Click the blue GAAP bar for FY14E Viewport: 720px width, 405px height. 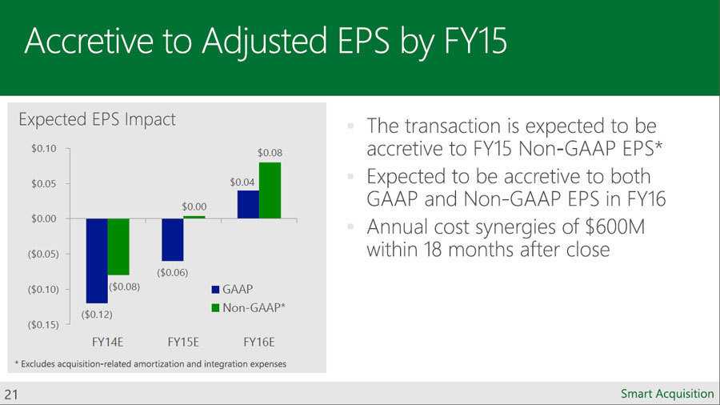(x=97, y=261)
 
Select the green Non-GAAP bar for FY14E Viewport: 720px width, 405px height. (x=118, y=247)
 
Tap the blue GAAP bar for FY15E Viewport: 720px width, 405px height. (x=173, y=239)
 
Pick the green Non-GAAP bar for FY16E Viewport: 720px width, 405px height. (x=270, y=190)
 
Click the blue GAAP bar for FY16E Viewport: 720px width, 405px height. (x=249, y=204)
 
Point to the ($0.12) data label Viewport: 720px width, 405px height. (x=97, y=315)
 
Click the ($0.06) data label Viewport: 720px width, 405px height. (x=173, y=272)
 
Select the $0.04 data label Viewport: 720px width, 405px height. (x=242, y=182)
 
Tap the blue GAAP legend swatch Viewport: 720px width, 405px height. (x=215, y=289)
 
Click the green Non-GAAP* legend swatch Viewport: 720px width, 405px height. (x=215, y=307)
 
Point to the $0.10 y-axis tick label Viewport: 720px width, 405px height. (x=44, y=148)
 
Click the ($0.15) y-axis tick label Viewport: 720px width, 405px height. (x=44, y=325)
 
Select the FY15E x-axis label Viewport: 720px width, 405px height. (x=183, y=342)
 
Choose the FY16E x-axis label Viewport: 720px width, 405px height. (x=259, y=342)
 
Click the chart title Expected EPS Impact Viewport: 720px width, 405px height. (x=97, y=120)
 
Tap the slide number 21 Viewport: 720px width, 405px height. (x=11, y=395)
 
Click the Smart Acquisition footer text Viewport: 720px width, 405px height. (x=667, y=394)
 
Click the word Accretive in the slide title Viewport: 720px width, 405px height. (x=89, y=41)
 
